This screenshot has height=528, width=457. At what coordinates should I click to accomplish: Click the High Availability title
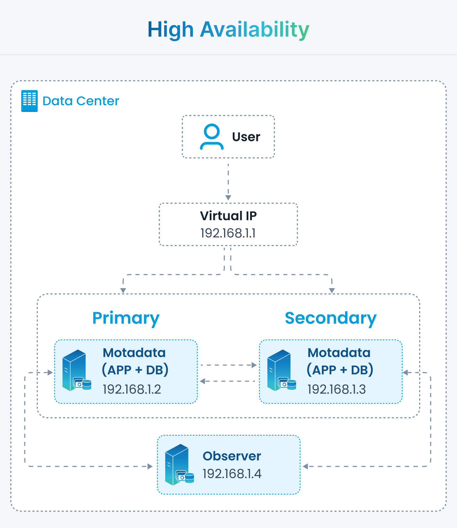(228, 30)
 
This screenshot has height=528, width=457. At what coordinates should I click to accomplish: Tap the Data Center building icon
(29, 101)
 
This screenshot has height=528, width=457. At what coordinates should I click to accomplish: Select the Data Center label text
(81, 101)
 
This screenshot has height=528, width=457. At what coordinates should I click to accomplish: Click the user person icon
(212, 137)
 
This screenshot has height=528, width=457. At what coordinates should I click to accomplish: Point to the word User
(246, 137)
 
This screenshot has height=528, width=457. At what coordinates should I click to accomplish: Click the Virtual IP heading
(228, 216)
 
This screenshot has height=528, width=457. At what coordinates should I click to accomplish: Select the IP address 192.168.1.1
(228, 233)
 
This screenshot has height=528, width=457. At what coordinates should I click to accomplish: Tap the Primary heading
(126, 318)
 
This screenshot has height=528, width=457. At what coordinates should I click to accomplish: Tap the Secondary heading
(331, 318)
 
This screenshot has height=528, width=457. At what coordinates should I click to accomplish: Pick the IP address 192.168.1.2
(132, 389)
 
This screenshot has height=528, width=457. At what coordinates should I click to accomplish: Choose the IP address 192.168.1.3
(337, 389)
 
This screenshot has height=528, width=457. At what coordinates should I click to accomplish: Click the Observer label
(232, 456)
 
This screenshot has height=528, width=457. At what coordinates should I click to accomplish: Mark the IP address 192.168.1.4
(232, 474)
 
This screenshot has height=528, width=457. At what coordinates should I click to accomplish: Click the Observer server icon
(180, 465)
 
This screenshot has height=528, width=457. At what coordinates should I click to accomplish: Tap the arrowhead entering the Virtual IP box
(228, 198)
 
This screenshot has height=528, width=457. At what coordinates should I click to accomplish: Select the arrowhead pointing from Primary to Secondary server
(254, 365)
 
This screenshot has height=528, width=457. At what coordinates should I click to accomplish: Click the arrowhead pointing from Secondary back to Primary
(202, 381)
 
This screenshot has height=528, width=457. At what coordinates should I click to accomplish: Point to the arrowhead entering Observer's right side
(305, 466)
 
